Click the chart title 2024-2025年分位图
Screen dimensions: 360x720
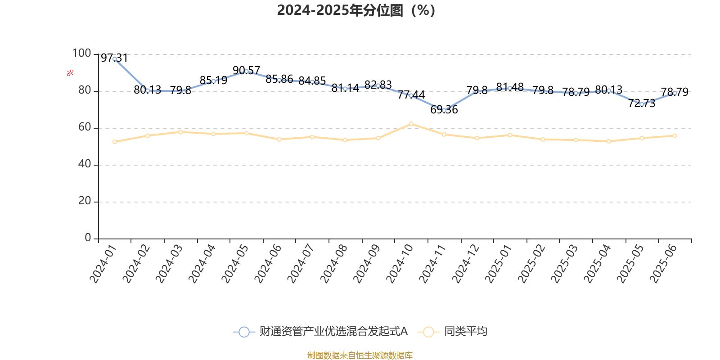click(355, 10)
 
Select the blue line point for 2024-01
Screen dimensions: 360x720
click(115, 59)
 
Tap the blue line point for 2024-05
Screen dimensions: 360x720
click(246, 71)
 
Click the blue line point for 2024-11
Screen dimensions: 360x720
click(444, 110)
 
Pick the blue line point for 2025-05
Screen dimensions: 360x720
click(642, 104)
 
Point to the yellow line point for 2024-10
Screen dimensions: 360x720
click(411, 124)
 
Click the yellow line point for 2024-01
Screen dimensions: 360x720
click(115, 142)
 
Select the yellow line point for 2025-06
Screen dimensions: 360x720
click(675, 135)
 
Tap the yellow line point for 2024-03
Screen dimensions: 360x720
click(180, 132)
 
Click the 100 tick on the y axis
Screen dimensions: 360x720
click(81, 54)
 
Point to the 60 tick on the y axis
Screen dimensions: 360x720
click(84, 127)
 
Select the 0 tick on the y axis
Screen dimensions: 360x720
click(88, 238)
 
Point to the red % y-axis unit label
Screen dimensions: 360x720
click(70, 73)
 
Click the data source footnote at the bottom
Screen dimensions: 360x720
click(360, 355)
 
